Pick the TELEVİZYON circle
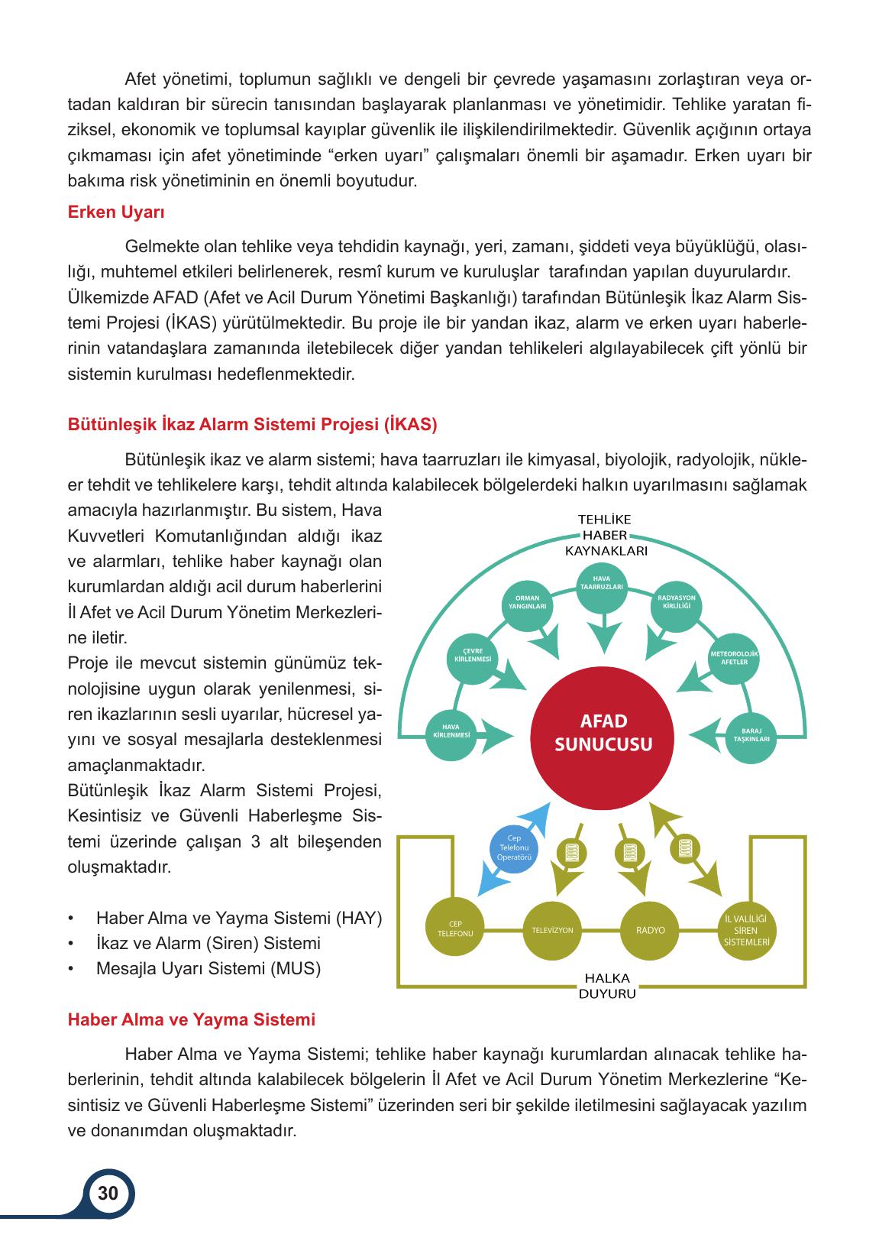point(552,930)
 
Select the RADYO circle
point(650,930)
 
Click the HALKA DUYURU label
point(606,985)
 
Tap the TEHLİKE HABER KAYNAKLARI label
point(605,536)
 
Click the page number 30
point(108,1193)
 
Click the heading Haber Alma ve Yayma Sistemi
point(192,1019)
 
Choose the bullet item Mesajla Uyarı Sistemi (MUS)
point(208,968)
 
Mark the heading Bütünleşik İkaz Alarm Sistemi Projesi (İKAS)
point(253,425)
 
